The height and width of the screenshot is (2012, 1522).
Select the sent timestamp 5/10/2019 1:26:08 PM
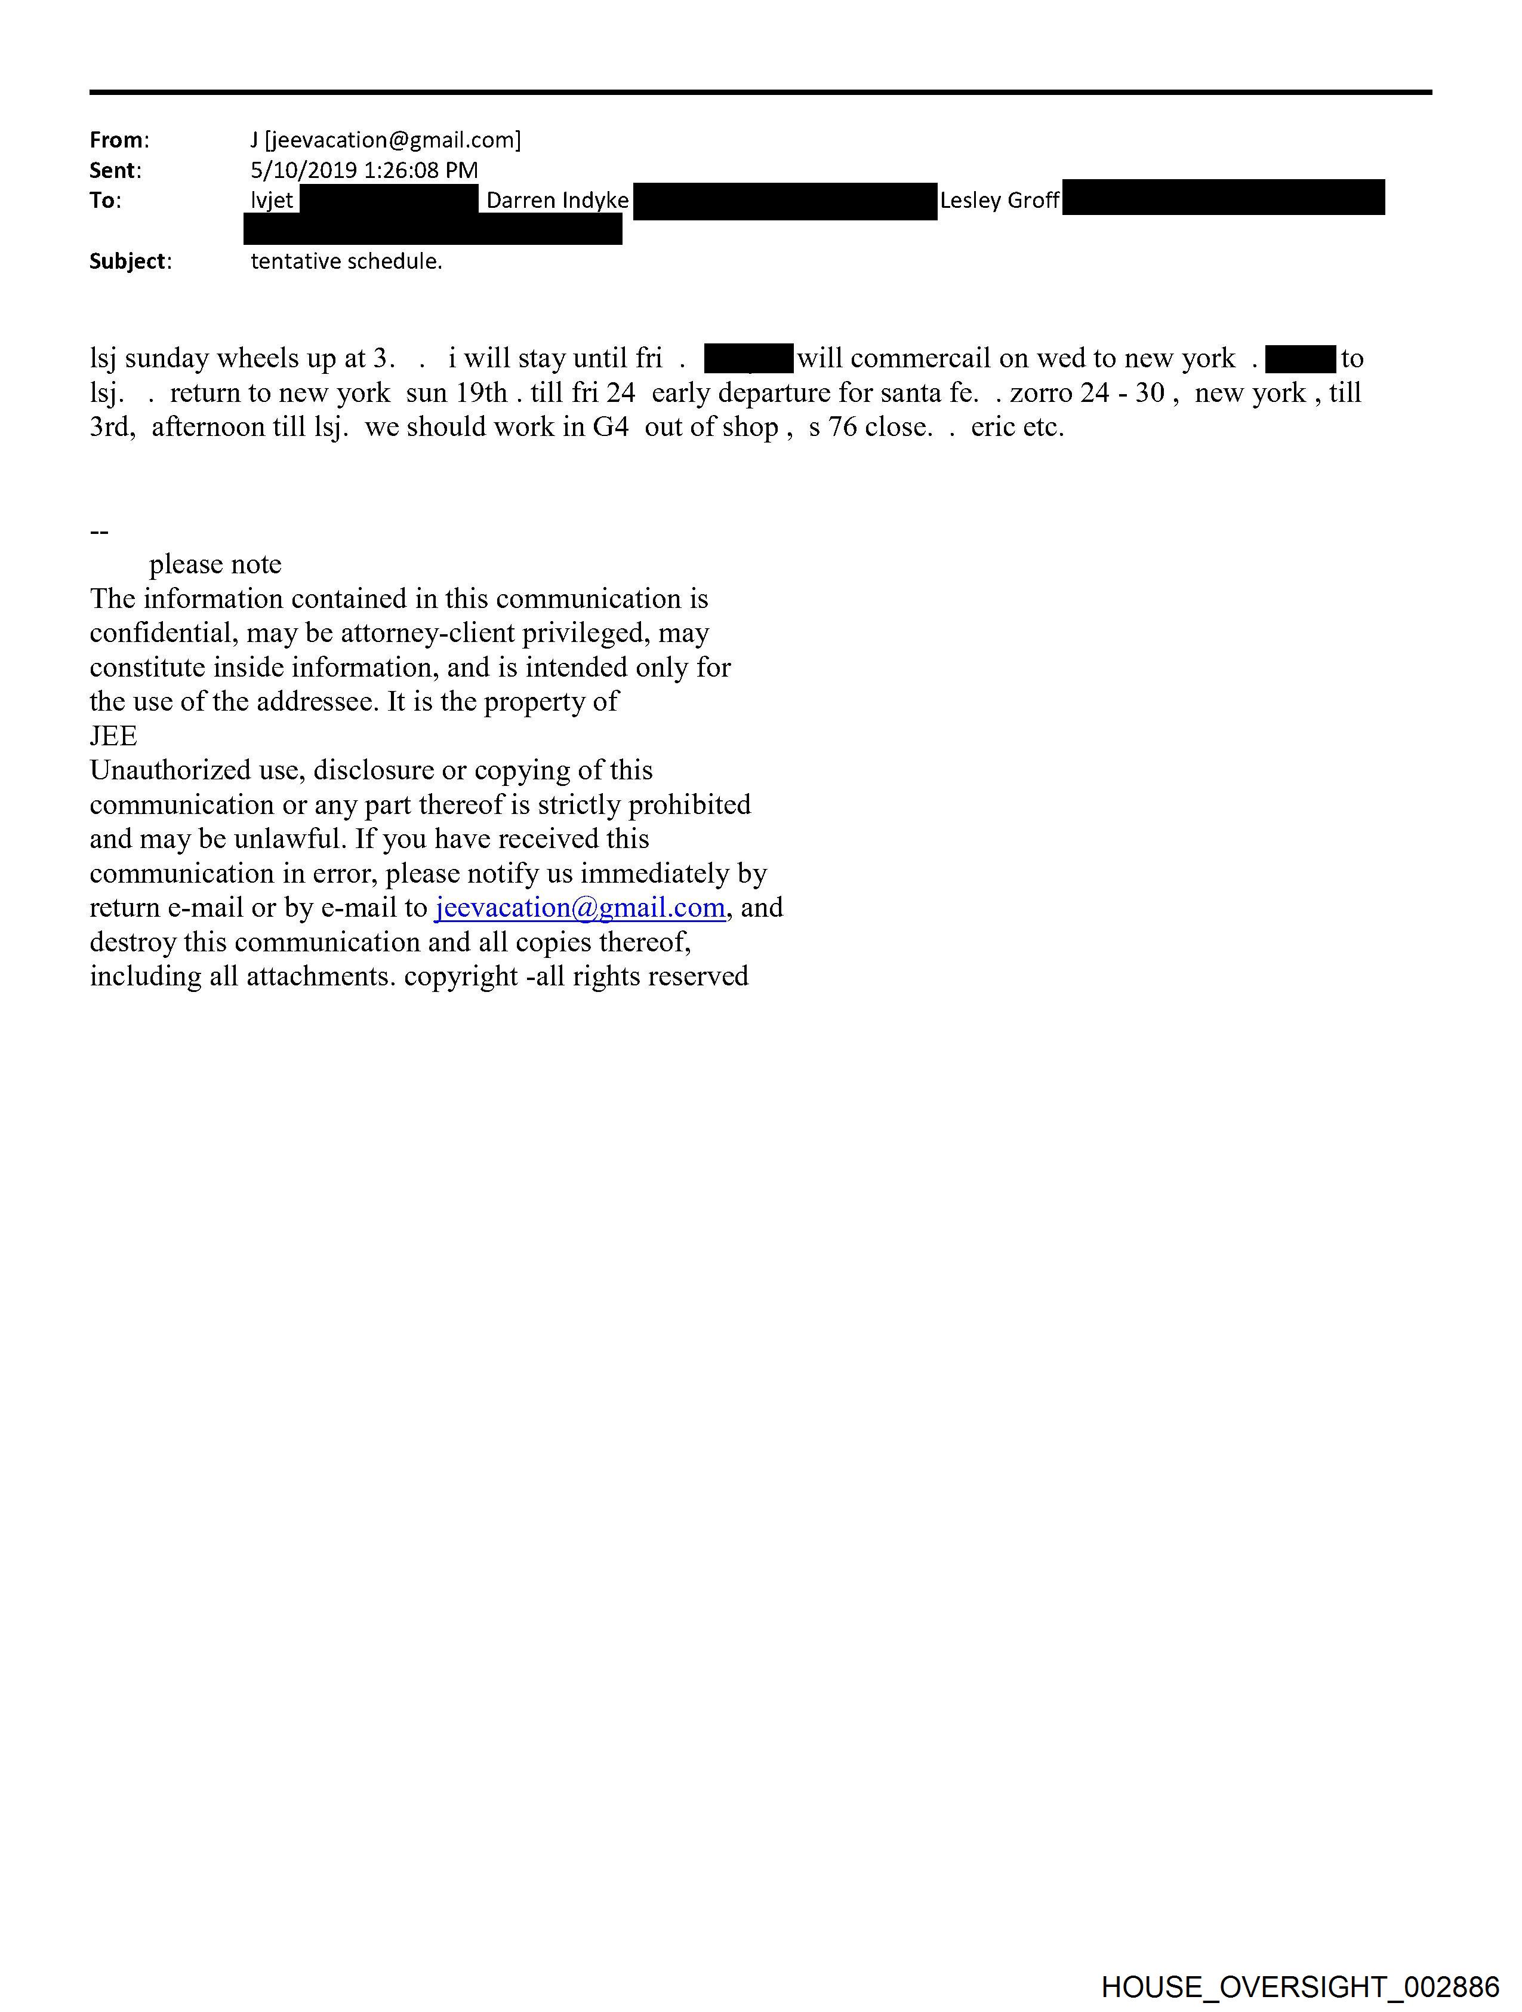point(363,170)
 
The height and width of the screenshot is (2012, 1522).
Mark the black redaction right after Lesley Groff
point(1223,198)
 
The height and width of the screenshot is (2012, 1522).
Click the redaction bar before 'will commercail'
point(748,358)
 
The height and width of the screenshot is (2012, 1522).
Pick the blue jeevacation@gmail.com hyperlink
point(580,908)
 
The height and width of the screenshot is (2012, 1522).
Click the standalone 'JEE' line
point(113,736)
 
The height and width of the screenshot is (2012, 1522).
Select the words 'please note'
point(215,565)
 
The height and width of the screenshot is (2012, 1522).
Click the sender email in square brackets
point(393,140)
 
